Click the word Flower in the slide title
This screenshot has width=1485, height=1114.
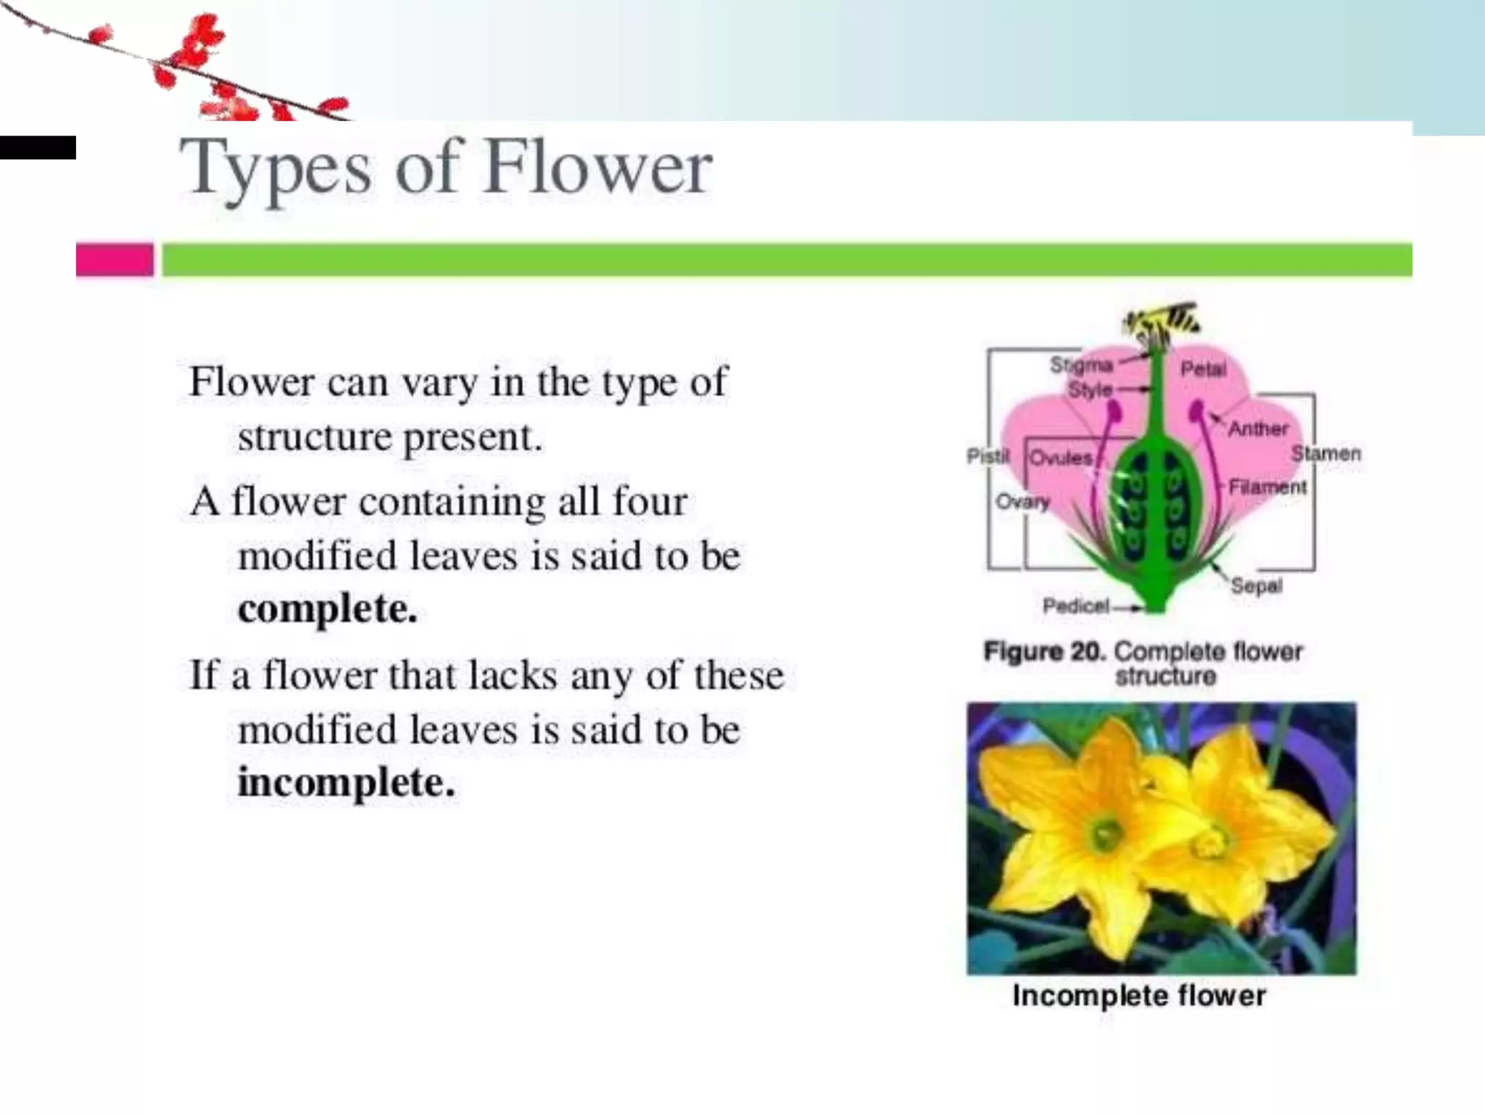pyautogui.click(x=598, y=168)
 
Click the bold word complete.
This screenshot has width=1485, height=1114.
pyautogui.click(x=328, y=608)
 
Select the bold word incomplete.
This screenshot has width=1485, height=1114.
pyautogui.click(x=347, y=783)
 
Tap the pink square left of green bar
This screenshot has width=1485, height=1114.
pyautogui.click(x=115, y=260)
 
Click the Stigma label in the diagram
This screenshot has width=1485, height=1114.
pyautogui.click(x=1080, y=365)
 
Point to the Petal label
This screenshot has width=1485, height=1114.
pyautogui.click(x=1203, y=369)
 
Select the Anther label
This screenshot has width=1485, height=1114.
pyautogui.click(x=1258, y=429)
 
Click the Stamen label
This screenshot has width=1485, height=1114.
pyautogui.click(x=1325, y=454)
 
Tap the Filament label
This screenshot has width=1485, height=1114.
pyautogui.click(x=1267, y=487)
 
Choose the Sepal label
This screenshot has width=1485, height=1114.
pyautogui.click(x=1257, y=585)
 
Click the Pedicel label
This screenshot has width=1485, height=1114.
pyautogui.click(x=1076, y=606)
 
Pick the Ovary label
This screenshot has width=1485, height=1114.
pyautogui.click(x=1022, y=501)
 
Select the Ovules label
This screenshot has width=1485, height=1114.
pyautogui.click(x=1061, y=458)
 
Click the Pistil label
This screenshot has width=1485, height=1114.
pyautogui.click(x=988, y=455)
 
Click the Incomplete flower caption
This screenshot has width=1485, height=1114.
pyautogui.click(x=1139, y=996)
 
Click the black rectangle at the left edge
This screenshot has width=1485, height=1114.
pyautogui.click(x=38, y=147)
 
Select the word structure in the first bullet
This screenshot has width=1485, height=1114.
pyautogui.click(x=315, y=437)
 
